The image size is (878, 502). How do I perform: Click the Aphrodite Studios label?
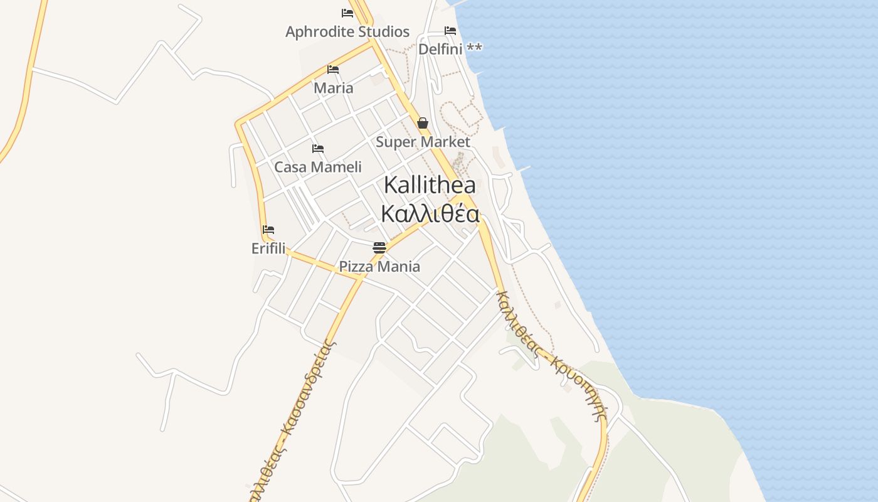347,32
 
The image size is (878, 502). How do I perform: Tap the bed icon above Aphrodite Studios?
347,13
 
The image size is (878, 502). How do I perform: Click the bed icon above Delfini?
450,31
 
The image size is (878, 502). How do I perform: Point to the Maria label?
333,88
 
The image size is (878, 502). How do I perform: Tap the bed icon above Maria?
333,70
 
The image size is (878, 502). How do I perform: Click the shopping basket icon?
423,123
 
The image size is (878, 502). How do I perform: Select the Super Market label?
423,142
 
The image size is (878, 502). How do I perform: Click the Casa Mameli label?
318,168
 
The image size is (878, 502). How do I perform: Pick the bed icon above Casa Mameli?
318,149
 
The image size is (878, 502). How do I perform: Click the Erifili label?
268,248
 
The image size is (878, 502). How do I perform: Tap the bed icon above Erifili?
268,230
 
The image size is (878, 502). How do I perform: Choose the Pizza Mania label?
379,267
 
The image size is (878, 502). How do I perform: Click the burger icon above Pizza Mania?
379,248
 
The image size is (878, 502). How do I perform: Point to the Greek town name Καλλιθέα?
430,214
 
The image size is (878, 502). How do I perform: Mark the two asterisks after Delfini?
474,48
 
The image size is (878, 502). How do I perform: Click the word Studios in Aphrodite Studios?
382,32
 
